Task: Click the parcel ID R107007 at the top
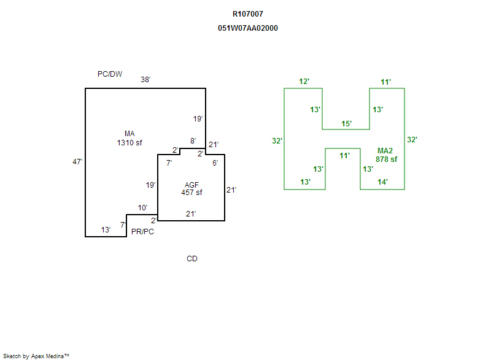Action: (x=248, y=13)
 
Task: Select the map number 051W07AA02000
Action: (x=248, y=28)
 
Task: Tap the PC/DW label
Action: (x=110, y=74)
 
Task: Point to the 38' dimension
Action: (x=145, y=80)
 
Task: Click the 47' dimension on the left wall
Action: (x=77, y=162)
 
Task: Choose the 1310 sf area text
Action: (x=130, y=143)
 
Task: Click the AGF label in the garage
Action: (x=191, y=185)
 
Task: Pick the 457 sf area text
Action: (x=191, y=193)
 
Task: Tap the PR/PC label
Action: (x=143, y=232)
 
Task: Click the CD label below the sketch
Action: (x=192, y=259)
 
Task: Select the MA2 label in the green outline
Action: (x=385, y=151)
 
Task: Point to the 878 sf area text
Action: (x=387, y=159)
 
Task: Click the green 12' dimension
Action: (x=304, y=82)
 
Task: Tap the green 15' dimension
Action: (x=346, y=124)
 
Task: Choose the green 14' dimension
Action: (x=382, y=182)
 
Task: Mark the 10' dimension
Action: (x=142, y=208)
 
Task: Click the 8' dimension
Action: (x=193, y=141)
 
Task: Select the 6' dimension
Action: (x=215, y=163)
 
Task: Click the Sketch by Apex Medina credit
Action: (x=36, y=356)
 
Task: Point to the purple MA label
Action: (x=130, y=134)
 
